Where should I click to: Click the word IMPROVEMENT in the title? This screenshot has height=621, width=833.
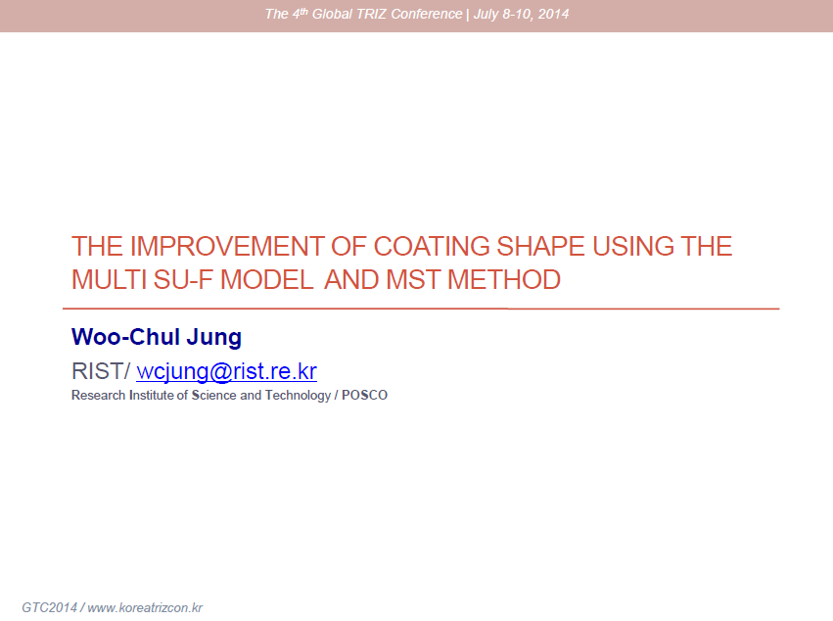tap(227, 247)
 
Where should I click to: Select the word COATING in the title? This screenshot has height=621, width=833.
tap(432, 247)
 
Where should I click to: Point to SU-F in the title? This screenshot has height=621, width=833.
tap(183, 280)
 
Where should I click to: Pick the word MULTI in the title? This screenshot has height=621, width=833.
tap(109, 280)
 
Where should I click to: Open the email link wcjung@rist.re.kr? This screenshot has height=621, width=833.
tap(227, 371)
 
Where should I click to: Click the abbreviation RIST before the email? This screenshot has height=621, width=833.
tap(98, 371)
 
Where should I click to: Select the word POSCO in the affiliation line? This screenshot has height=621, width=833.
tap(364, 395)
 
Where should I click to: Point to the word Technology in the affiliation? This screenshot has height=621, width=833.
tap(298, 396)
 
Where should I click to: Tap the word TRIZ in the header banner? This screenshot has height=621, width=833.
tap(371, 14)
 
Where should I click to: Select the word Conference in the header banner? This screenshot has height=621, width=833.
tap(427, 14)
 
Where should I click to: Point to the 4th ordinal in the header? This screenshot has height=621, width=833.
tap(301, 14)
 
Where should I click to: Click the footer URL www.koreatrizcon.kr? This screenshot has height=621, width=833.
tap(145, 607)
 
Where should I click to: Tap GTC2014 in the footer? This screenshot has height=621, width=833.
tap(49, 607)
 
